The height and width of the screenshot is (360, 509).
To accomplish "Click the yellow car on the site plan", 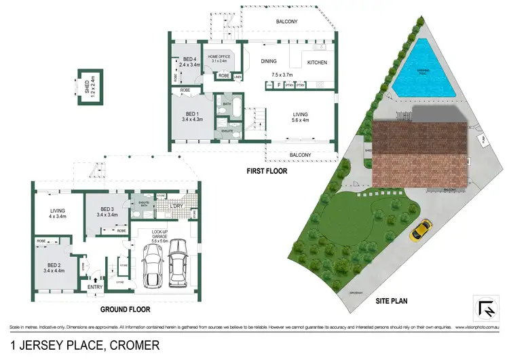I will [x=421, y=230].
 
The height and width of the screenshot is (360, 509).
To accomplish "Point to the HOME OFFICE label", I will [x=222, y=57].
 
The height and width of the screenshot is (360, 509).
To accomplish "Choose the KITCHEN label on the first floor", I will [x=317, y=62].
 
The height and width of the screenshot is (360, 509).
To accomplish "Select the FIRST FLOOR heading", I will [x=267, y=172].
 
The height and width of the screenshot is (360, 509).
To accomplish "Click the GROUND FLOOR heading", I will [x=126, y=309].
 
